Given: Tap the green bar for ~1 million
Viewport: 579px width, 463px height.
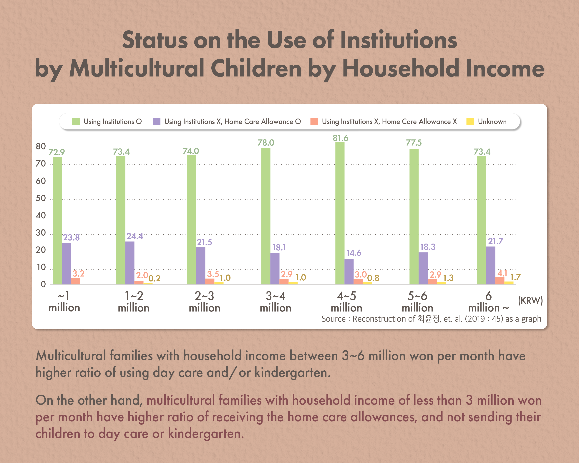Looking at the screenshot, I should coord(57,220).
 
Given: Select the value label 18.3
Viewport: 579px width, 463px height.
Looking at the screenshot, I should coord(428,247).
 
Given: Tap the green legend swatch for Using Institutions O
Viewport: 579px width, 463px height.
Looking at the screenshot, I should coord(76,122).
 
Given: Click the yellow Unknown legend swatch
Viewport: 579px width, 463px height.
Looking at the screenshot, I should coord(470,122).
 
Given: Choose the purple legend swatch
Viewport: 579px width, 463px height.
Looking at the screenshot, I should coord(157,122).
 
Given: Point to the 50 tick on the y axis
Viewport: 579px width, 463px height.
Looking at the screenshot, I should coord(41,198).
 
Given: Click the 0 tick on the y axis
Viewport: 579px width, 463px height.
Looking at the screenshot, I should coord(43,284).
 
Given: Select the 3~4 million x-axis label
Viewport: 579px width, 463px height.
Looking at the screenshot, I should coord(275,302).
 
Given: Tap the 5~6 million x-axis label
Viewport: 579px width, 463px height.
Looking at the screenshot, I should coord(417,302).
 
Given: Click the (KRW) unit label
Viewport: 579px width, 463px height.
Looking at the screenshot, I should coord(530,300).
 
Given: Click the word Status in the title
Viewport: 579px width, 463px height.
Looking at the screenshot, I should coord(155,40).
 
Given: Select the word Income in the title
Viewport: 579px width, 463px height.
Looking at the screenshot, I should coord(505,69).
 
